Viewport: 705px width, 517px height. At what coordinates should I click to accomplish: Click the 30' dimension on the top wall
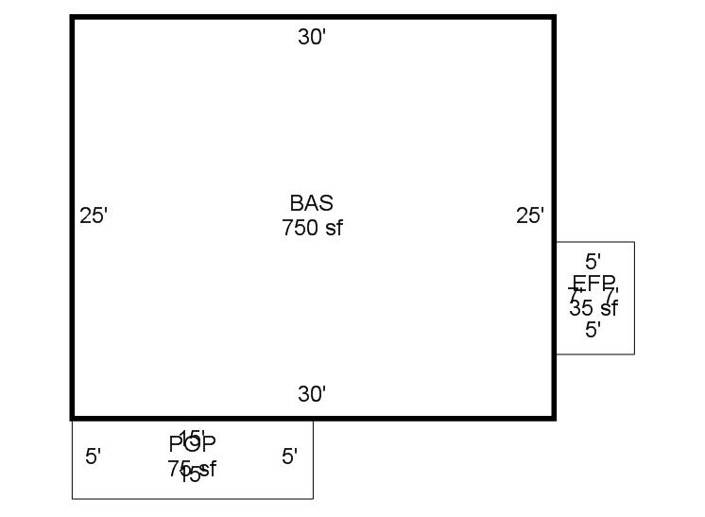[312, 37]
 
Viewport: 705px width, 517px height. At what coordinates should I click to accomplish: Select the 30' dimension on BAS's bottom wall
[312, 394]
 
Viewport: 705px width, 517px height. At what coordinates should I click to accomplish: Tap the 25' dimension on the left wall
[94, 215]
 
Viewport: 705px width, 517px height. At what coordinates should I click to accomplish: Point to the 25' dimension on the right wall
[530, 215]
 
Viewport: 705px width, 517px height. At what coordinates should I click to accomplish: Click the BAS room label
[312, 203]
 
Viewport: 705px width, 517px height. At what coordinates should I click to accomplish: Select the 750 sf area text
[312, 228]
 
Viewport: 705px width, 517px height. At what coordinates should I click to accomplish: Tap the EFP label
[593, 283]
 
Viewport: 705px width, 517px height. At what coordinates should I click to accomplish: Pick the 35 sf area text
[593, 307]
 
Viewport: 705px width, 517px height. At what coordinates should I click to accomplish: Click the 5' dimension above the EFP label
[593, 261]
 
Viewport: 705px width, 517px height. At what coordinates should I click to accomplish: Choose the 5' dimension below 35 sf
[593, 330]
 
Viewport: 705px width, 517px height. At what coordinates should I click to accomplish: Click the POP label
[193, 443]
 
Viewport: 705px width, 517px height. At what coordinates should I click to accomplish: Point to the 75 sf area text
[193, 468]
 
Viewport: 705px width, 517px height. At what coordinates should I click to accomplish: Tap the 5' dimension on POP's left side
[94, 457]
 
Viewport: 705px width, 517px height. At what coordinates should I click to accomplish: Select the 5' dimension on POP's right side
[290, 457]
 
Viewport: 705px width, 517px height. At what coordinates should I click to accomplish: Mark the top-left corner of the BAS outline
[73, 17]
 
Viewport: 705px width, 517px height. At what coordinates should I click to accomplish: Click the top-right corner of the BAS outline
[554, 17]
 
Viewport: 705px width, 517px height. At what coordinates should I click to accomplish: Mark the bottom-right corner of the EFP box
[634, 354]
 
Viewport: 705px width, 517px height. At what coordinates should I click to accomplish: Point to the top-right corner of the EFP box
[634, 242]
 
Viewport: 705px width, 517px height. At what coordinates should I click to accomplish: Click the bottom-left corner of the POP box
[73, 498]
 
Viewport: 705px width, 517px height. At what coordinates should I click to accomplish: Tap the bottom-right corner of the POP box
[313, 498]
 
